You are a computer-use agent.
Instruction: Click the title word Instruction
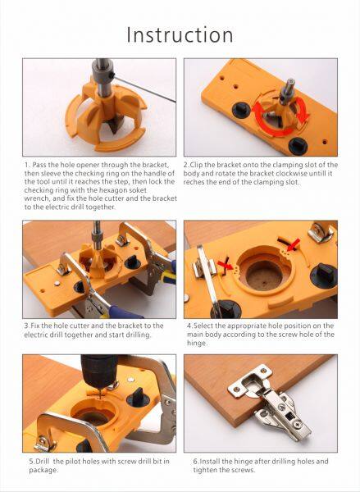click(180, 34)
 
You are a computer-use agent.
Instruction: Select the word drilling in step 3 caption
click(138, 335)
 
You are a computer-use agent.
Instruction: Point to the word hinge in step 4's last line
click(197, 343)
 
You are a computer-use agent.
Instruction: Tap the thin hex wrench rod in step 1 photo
click(144, 89)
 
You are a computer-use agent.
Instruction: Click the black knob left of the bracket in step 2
click(241, 110)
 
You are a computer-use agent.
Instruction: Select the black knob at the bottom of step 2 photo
click(298, 146)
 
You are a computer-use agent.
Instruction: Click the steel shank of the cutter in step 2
click(287, 92)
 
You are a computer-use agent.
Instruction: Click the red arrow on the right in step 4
click(293, 245)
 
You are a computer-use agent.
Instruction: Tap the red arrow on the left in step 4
click(226, 265)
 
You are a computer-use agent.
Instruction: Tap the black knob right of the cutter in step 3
click(133, 262)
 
